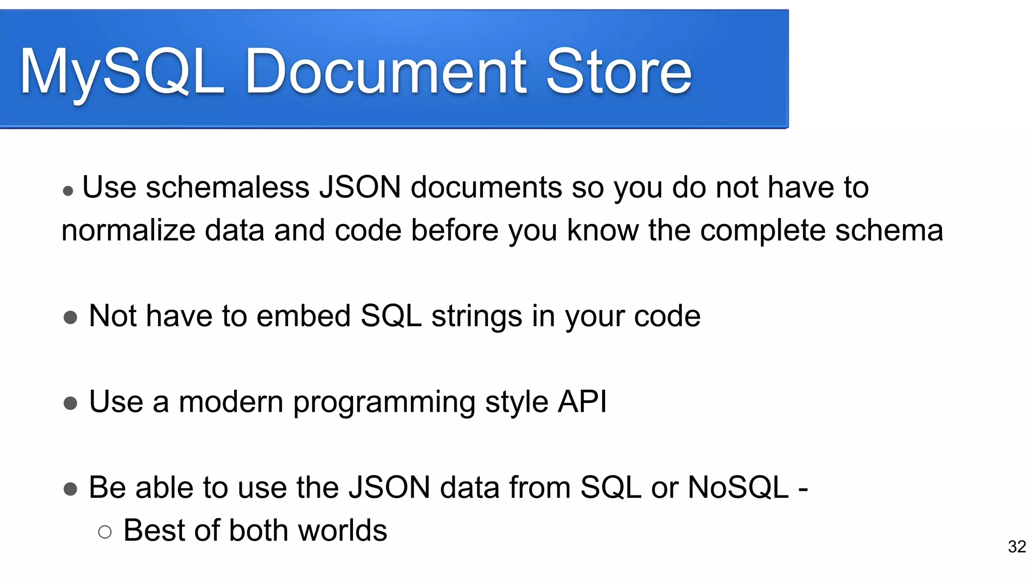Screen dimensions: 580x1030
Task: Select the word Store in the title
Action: click(x=619, y=71)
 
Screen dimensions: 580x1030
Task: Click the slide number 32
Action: click(x=1016, y=547)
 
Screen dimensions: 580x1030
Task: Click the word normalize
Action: click(x=128, y=231)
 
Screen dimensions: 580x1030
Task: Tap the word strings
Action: click(x=476, y=316)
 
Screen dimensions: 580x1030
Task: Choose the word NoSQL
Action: click(x=738, y=487)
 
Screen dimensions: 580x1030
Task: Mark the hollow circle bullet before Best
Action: click(x=105, y=532)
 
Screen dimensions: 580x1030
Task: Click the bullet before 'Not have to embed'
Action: click(x=70, y=318)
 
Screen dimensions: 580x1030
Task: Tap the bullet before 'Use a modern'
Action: click(x=70, y=403)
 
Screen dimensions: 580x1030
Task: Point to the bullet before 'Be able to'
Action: click(x=70, y=489)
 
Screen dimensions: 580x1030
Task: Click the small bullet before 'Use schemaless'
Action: click(x=68, y=191)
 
